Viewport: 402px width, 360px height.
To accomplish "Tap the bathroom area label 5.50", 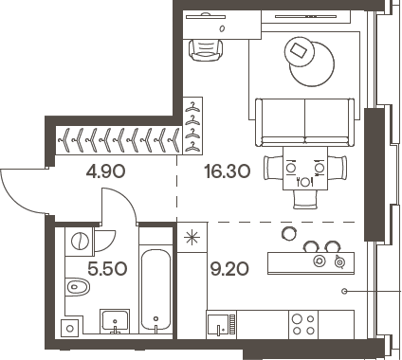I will coord(106,267).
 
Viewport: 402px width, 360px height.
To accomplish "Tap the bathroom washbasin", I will coord(115,321).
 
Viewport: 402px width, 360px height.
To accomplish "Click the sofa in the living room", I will coord(304,118).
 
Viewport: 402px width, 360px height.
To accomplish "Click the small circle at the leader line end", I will coord(346,290).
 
